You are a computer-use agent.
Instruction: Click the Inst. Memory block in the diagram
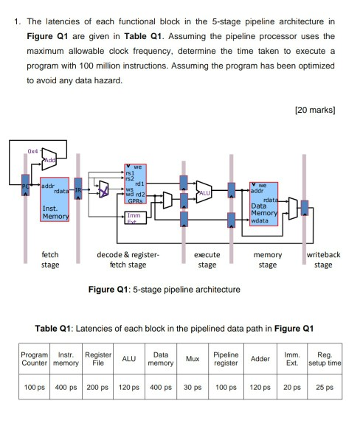[51, 194]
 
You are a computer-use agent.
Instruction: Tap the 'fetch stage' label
[50, 260]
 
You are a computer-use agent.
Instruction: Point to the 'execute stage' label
[207, 260]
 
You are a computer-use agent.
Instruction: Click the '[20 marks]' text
[314, 110]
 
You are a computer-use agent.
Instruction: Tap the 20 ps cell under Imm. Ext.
[293, 387]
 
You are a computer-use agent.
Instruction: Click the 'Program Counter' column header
[33, 360]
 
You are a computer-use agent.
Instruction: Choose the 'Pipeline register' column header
[225, 360]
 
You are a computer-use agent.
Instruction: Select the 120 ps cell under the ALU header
[128, 387]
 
